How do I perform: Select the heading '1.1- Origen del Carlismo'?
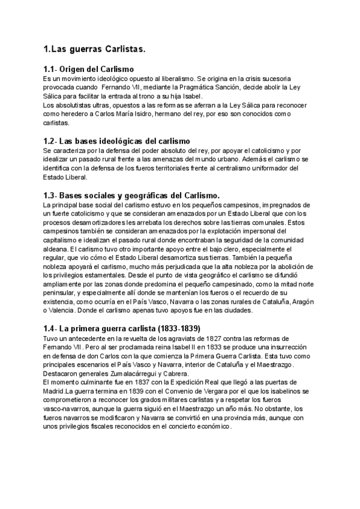pos(89,70)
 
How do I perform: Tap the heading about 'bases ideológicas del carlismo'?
pos(117,140)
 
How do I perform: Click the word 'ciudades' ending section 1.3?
pos(237,310)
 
